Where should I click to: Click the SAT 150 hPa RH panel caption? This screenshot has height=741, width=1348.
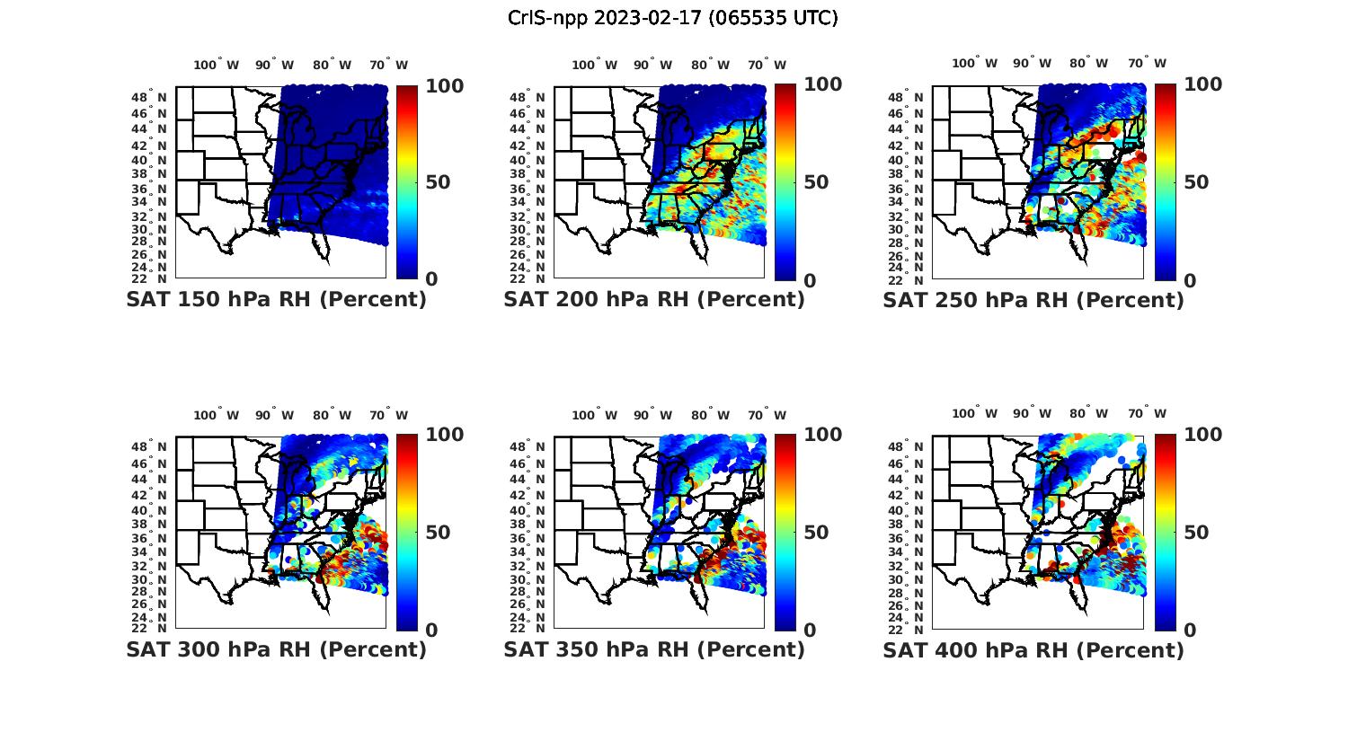(x=276, y=300)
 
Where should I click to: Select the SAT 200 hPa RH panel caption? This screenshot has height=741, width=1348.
(x=654, y=300)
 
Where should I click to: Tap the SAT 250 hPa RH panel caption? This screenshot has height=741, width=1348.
(x=1033, y=300)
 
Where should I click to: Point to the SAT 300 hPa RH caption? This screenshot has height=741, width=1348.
(x=276, y=649)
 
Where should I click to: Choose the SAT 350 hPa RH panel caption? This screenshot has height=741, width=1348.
(x=654, y=649)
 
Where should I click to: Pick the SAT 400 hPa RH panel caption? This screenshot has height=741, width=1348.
(x=1033, y=649)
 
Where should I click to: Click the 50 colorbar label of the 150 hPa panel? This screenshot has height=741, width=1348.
(x=438, y=182)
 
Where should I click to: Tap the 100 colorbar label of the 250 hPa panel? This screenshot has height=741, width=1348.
(x=1203, y=84)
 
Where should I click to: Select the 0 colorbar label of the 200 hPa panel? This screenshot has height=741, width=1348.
(x=809, y=280)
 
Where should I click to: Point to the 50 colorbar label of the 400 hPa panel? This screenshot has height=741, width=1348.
(x=1195, y=533)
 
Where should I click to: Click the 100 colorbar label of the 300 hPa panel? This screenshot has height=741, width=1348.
(x=445, y=435)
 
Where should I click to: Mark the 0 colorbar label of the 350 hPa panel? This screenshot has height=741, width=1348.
(x=809, y=630)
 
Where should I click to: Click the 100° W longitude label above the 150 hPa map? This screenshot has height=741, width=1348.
(x=217, y=65)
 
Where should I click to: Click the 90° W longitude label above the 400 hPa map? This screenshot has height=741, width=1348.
(x=1032, y=413)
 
